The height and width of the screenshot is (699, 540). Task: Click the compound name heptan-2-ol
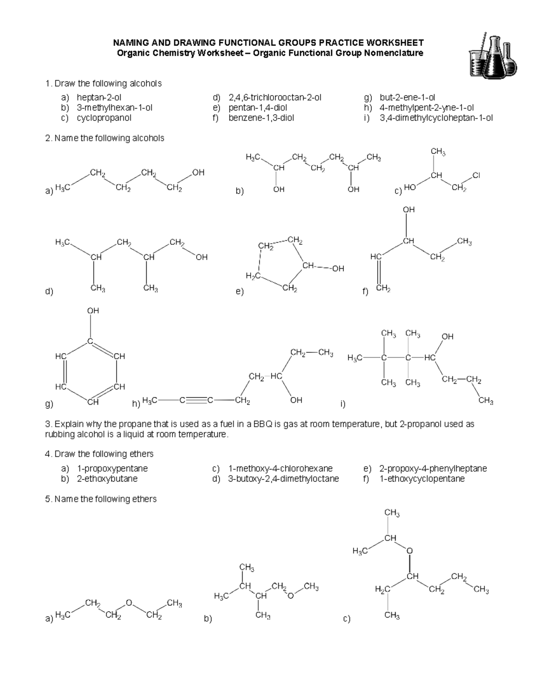coord(99,97)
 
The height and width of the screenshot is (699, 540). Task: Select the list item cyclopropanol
coord(104,118)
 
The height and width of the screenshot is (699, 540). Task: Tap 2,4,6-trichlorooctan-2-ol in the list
coord(275,97)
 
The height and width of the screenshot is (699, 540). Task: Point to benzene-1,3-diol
coord(261,118)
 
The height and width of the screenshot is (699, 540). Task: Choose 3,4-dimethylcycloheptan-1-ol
coord(436,118)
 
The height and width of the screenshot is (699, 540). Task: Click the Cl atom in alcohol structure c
coord(476,176)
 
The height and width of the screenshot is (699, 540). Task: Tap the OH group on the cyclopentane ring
coord(337,269)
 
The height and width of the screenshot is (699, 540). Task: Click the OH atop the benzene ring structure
coord(93,311)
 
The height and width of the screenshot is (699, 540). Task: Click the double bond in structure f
coord(379,272)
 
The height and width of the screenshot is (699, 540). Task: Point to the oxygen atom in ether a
coord(129,602)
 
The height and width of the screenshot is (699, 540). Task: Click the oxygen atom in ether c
coord(409,550)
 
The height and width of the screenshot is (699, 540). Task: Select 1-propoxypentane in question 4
coord(112,469)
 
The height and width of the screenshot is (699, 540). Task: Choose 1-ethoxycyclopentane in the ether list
coord(422,479)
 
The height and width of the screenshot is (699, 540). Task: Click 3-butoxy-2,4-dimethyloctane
coord(283,479)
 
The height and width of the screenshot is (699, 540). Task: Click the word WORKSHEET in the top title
coord(394,43)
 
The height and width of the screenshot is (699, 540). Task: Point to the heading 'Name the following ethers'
coord(105,499)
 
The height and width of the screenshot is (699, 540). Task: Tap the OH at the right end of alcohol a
coord(198,172)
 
